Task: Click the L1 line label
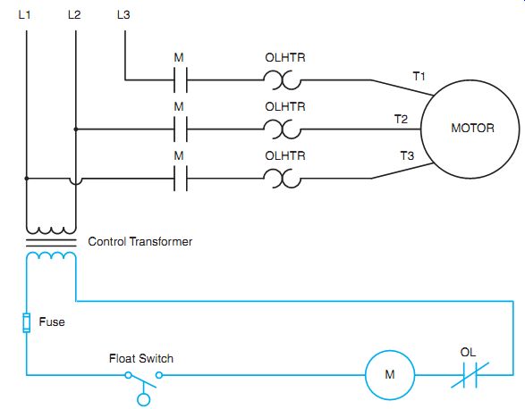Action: (x=24, y=14)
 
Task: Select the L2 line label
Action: (x=74, y=14)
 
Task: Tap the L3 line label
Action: (x=123, y=14)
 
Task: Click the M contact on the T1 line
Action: (x=181, y=80)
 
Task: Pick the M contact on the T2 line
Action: (x=181, y=129)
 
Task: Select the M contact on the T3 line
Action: (x=181, y=179)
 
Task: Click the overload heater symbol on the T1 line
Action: (x=283, y=80)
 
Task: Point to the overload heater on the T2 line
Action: (x=283, y=129)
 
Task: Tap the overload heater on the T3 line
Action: (x=283, y=179)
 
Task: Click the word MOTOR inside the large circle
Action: (x=472, y=128)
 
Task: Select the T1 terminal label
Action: (x=419, y=76)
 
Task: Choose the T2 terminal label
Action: (x=401, y=119)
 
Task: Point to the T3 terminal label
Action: (x=407, y=155)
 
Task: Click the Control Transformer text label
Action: (x=140, y=241)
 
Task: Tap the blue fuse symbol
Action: (x=27, y=322)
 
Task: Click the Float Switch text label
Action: (x=141, y=358)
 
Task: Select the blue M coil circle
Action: (x=390, y=375)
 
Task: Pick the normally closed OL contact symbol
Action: (x=470, y=375)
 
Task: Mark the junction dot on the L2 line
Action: (x=76, y=129)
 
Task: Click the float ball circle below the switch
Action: (x=144, y=400)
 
